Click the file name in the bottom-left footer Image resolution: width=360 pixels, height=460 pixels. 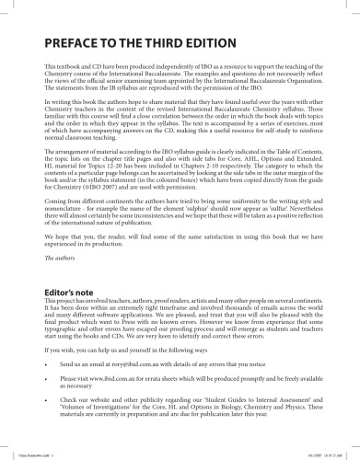(28, 454)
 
